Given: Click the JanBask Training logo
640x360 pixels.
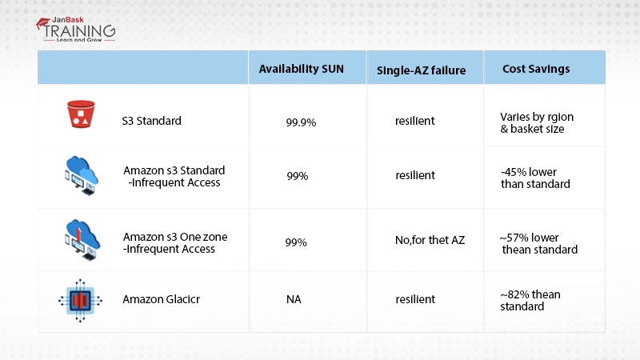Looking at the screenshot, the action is point(75,30).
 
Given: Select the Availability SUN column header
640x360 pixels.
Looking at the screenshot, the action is point(302,69).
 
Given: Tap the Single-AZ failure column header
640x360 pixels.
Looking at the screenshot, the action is point(422,70).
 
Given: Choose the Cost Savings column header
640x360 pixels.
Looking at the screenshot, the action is point(536,69).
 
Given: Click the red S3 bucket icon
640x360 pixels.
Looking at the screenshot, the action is point(81,114).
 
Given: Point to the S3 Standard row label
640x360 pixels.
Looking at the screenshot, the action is point(151,121).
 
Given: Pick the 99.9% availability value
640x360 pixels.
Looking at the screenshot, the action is point(301,122).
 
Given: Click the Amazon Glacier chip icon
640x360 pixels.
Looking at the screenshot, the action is point(80,301).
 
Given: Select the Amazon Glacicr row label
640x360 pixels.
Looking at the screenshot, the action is point(162,299).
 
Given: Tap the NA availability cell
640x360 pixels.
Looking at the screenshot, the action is point(294,299).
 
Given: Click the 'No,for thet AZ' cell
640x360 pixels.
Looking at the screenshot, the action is point(430,240).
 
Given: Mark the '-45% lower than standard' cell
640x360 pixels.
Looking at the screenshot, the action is point(535,178).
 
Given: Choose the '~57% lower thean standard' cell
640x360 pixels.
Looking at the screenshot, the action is point(538,243).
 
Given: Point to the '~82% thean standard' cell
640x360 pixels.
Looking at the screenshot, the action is point(530,301).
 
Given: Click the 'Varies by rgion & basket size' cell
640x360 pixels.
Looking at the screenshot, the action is point(537,123).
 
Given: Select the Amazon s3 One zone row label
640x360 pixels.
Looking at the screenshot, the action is point(175,243).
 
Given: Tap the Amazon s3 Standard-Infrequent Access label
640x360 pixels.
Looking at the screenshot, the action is point(174,176).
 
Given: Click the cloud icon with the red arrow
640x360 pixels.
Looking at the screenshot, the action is point(82,240).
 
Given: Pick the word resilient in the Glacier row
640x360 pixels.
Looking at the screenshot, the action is point(415,299).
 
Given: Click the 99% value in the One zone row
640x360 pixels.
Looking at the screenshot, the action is point(296,242).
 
